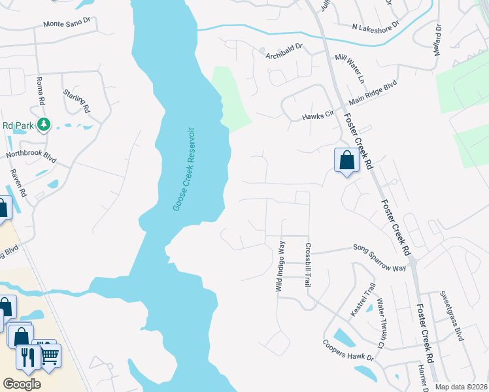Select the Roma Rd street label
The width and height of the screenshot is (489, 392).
click(40, 91)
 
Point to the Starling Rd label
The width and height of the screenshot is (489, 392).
click(76, 99)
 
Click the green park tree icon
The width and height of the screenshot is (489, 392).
click(44, 123)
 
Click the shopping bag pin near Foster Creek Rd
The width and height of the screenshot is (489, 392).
click(346, 160)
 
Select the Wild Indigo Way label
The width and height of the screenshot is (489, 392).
click(280, 266)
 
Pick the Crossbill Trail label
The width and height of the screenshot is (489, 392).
click(307, 265)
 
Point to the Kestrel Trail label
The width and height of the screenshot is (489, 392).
click(363, 299)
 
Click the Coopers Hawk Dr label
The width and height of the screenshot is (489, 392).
click(348, 351)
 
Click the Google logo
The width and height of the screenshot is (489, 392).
click(22, 384)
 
